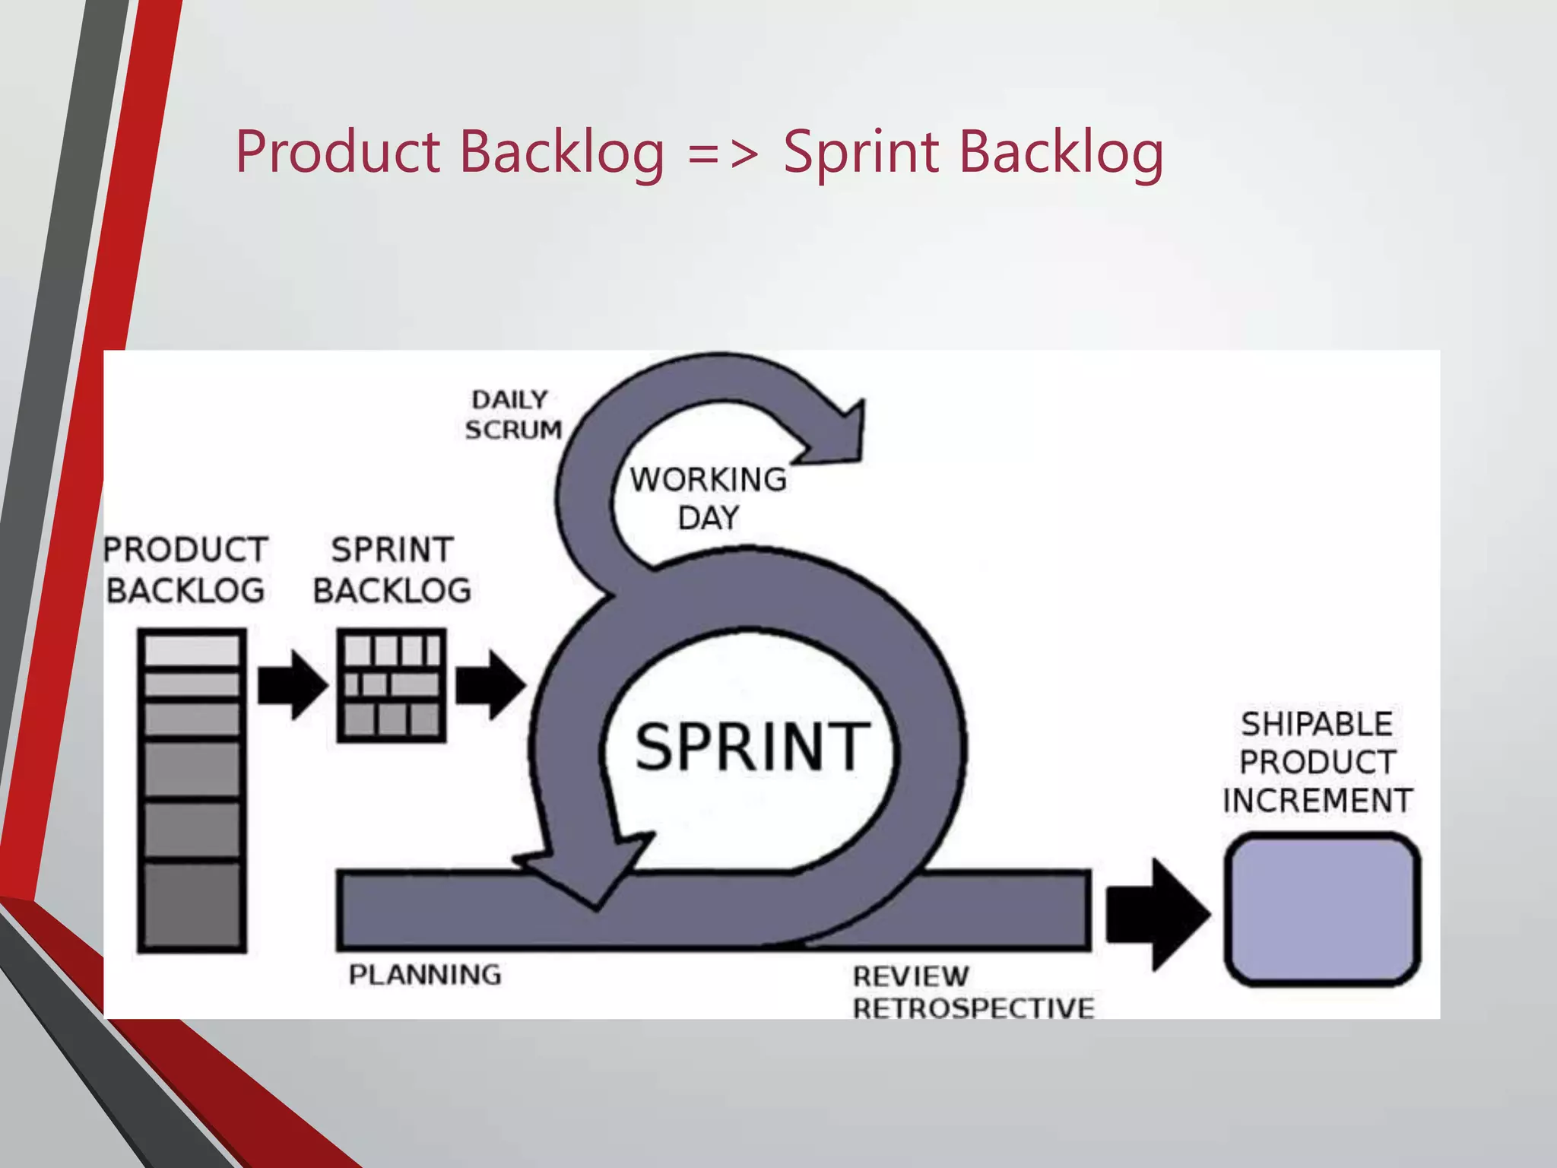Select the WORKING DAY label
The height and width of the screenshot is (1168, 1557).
708,498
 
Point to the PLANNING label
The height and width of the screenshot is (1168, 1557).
425,974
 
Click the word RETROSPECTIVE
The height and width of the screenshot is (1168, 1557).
973,1008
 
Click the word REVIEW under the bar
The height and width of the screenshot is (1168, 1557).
911,976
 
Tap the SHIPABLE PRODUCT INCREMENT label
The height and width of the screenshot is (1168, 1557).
1317,762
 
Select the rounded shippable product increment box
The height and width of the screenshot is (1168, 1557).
1321,909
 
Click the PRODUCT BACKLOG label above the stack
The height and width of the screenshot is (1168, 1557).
186,570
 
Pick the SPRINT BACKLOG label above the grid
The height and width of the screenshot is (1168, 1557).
392,570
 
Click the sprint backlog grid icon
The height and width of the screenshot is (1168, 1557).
392,685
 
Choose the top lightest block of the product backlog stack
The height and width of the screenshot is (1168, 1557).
192,651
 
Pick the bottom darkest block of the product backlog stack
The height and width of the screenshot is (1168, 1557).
192,905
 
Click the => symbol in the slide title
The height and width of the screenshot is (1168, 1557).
723,152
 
